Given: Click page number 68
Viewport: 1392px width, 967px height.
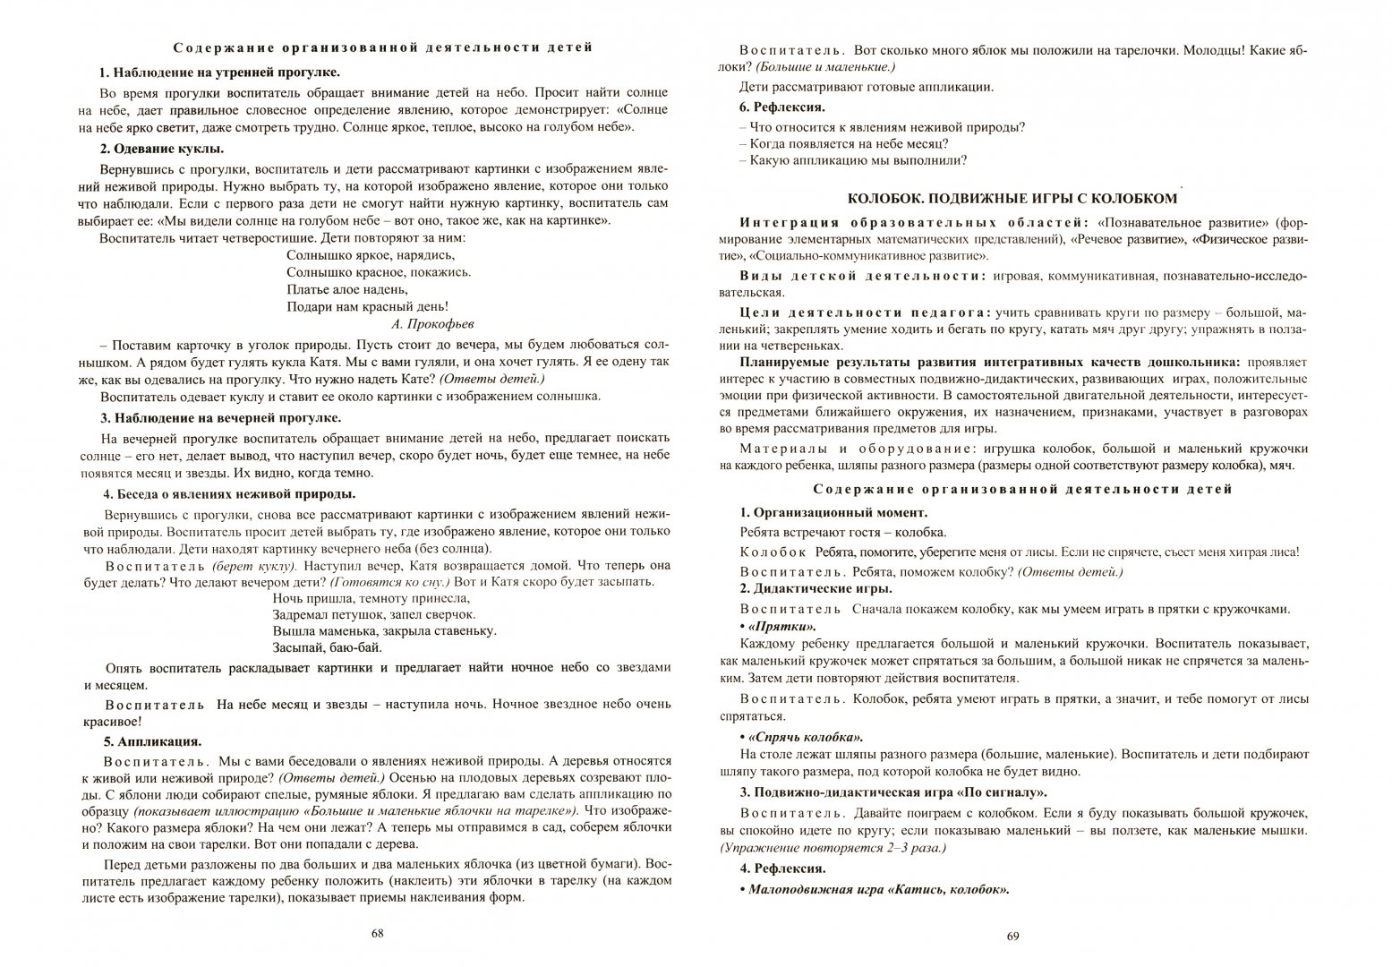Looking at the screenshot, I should point(377,934).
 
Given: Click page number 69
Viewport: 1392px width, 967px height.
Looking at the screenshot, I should point(1013,937).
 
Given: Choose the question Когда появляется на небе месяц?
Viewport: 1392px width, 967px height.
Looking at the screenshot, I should point(843,143).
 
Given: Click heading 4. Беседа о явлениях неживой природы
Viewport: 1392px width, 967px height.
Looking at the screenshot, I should point(230,493).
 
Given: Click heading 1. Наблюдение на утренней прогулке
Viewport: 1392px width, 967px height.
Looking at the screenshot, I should point(219,73).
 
